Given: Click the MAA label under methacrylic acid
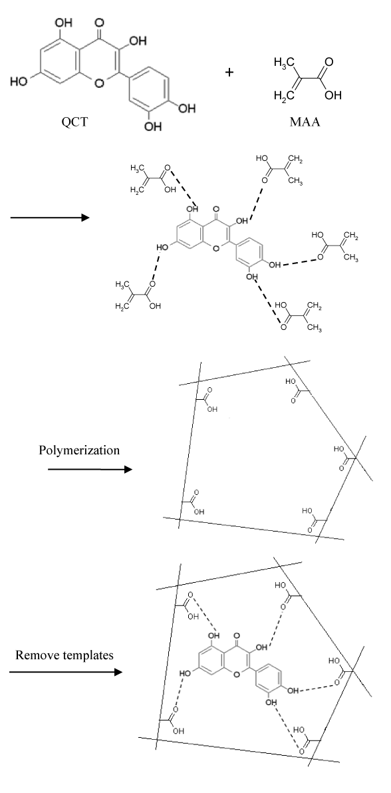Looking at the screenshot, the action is [x=305, y=122].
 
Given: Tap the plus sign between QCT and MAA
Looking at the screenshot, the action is [x=229, y=73].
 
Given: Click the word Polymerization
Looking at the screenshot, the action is [x=79, y=450].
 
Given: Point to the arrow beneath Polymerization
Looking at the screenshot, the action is [x=90, y=469].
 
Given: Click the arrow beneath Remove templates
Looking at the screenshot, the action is [x=66, y=672].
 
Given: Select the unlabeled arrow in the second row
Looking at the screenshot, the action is [x=50, y=218].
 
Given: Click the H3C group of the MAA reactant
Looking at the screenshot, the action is [x=283, y=63].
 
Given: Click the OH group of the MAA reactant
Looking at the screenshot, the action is [x=333, y=95].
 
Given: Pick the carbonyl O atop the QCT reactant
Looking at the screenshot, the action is [x=98, y=23].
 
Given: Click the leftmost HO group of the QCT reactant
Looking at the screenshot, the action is [x=18, y=81].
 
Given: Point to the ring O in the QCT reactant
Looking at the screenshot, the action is [x=99, y=82].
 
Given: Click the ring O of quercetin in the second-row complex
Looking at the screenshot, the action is [x=217, y=249].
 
